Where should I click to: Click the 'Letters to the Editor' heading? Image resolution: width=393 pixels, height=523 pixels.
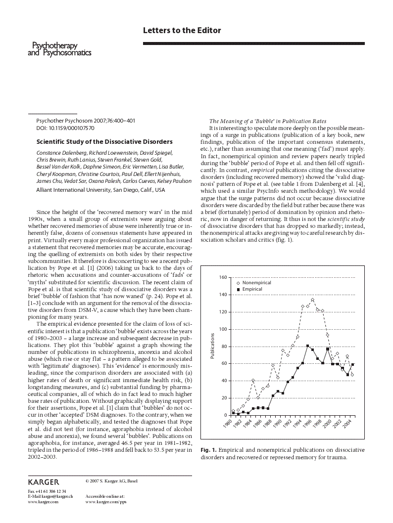pyautogui.click(x=182, y=31)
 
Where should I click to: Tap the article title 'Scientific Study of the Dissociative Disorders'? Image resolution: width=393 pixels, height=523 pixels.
pyautogui.click(x=104, y=141)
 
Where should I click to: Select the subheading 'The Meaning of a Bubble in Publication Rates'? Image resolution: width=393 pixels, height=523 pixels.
pyautogui.click(x=267, y=121)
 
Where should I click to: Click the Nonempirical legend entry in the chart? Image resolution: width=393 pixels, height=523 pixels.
pyautogui.click(x=256, y=282)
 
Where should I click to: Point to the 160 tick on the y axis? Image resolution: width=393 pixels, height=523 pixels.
pyautogui.click(x=224, y=277)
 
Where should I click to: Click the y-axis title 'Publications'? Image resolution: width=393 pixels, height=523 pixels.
pyautogui.click(x=212, y=346)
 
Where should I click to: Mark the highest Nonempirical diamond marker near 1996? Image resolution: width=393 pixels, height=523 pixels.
pyautogui.click(x=312, y=300)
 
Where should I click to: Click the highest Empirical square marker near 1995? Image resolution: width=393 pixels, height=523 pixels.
pyautogui.click(x=307, y=346)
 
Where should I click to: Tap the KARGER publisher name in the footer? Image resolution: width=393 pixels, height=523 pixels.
pyautogui.click(x=44, y=482)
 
